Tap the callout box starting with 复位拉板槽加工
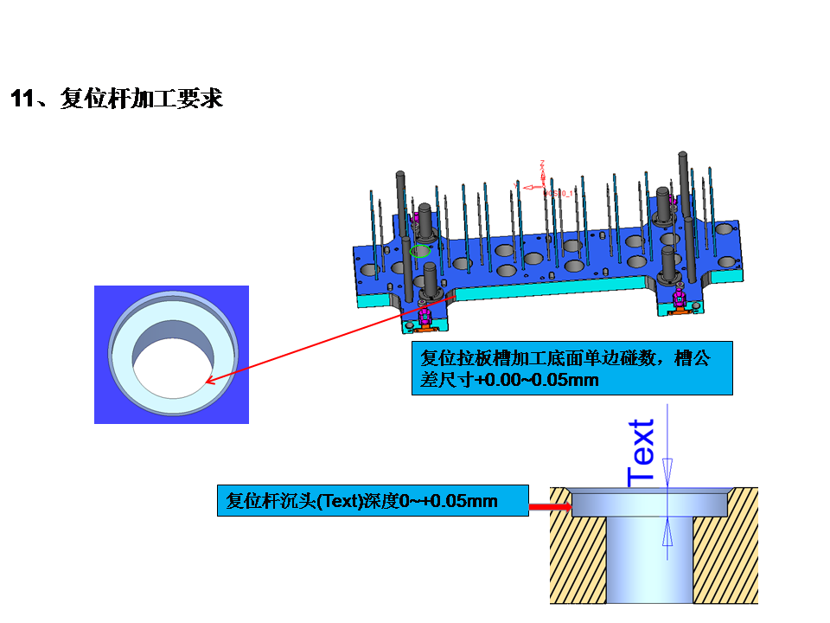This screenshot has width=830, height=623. click(x=571, y=369)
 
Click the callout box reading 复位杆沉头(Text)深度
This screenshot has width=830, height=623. click(x=372, y=500)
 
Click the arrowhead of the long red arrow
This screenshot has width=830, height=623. click(x=209, y=379)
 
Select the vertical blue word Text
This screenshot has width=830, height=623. click(x=642, y=452)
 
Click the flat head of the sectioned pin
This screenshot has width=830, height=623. click(x=648, y=502)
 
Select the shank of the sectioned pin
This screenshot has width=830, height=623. click(x=648, y=562)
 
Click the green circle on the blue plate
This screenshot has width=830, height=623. click(x=420, y=251)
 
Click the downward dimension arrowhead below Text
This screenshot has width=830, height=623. click(x=667, y=474)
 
